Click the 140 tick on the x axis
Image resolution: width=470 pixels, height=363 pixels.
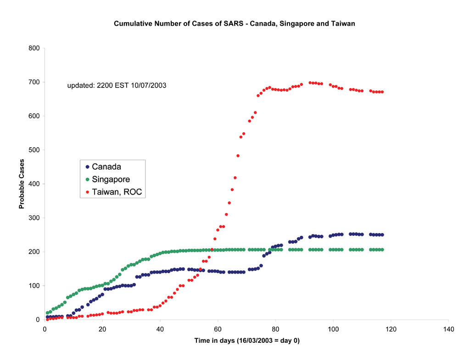pyautogui.click(x=448, y=329)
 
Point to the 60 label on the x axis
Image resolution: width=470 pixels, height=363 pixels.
pyautogui.click(x=218, y=329)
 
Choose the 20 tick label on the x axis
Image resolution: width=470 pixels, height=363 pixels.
pyautogui.click(x=102, y=329)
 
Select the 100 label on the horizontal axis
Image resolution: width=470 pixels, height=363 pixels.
pyautogui.click(x=333, y=329)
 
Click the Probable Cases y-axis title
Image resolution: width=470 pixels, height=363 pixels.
pyautogui.click(x=22, y=184)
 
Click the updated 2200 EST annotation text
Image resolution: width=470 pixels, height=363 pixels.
pyautogui.click(x=117, y=85)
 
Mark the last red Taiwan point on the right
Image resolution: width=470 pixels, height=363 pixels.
pyautogui.click(x=382, y=92)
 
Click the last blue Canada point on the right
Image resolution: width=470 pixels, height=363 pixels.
pyautogui.click(x=382, y=235)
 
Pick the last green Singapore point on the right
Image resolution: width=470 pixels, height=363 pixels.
pyautogui.click(x=382, y=250)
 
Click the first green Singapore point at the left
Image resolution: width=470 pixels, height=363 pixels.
pyautogui.click(x=47, y=313)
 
